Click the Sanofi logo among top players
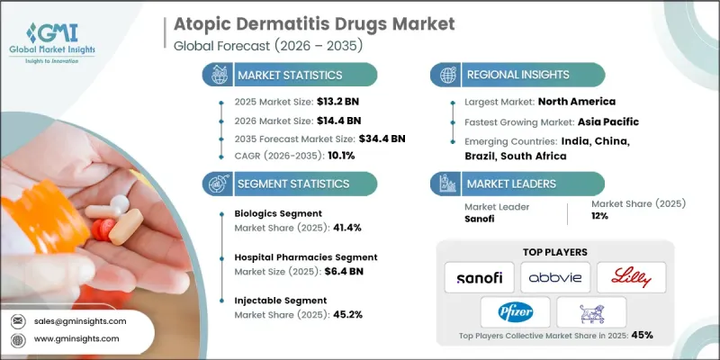477,275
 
